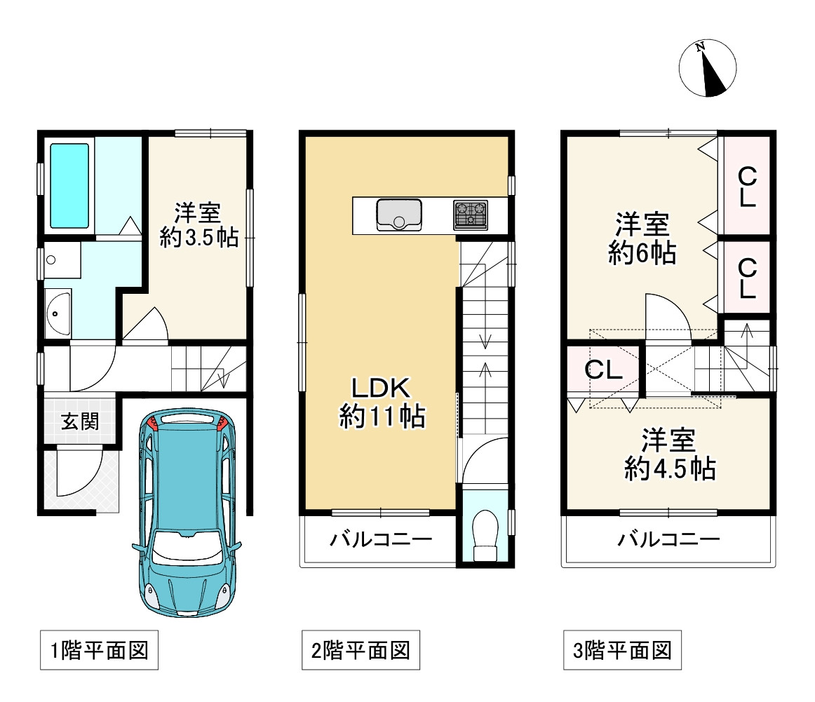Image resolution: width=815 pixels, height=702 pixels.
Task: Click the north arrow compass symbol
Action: click(708, 67)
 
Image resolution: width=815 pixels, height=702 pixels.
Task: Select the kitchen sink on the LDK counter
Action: click(399, 215)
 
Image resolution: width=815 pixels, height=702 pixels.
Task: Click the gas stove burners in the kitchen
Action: click(471, 215)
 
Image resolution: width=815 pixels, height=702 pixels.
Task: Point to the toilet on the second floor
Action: click(485, 535)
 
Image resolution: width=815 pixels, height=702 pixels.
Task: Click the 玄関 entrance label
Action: click(80, 421)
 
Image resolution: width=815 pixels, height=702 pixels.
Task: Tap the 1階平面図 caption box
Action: click(100, 650)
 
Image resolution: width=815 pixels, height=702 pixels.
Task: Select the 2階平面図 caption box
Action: click(361, 650)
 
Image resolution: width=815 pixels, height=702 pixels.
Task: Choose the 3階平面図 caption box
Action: click(622, 650)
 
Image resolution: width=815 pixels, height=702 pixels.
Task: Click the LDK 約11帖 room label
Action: click(382, 403)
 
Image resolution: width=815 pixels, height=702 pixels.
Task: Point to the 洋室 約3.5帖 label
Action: click(198, 225)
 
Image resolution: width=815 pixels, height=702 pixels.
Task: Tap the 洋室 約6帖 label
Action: click(642, 238)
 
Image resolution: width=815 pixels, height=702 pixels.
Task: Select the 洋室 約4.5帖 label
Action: click(669, 454)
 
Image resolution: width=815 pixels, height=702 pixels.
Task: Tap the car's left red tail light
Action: click(152, 422)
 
